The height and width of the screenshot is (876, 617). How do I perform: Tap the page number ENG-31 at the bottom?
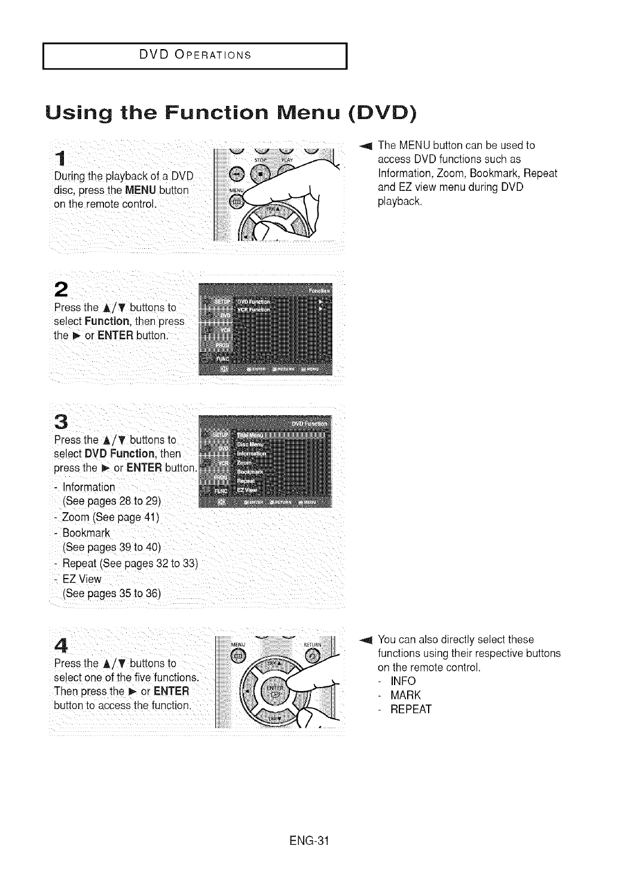click(308, 839)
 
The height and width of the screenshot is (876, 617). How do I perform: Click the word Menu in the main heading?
click(296, 112)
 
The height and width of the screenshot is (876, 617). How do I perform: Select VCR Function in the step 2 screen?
click(254, 309)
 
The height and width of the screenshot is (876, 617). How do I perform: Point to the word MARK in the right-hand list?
click(405, 695)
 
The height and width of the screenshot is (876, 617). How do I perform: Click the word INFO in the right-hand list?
click(403, 682)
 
